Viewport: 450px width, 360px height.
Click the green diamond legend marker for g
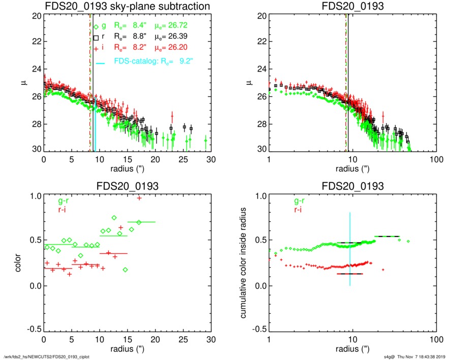tap(96, 26)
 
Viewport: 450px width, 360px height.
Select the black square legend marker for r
tap(96, 38)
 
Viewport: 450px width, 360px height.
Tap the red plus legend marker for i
tap(96, 49)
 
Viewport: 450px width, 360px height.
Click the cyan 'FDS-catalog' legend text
tap(135, 62)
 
